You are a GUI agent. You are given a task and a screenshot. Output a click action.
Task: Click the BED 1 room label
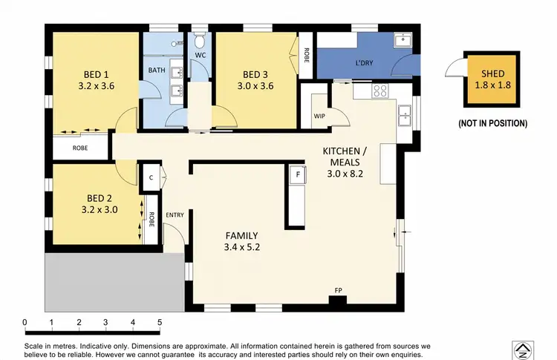click(94, 74)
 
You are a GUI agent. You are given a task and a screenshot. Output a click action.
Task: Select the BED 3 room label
click(255, 74)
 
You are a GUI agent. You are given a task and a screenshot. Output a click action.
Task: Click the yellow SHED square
click(492, 79)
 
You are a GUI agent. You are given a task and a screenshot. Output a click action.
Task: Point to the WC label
click(200, 56)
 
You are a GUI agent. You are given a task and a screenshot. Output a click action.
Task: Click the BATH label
click(157, 71)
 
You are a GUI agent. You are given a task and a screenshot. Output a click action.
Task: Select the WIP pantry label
click(319, 116)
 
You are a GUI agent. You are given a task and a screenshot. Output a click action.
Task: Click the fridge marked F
click(298, 174)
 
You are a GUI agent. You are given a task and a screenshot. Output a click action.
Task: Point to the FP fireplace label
click(339, 289)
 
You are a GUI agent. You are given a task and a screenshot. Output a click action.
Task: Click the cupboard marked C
click(151, 177)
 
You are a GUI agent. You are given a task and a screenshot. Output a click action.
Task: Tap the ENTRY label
click(175, 215)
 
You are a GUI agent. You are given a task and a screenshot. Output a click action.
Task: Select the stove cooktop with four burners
click(380, 91)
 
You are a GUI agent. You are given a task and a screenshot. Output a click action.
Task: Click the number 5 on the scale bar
click(160, 322)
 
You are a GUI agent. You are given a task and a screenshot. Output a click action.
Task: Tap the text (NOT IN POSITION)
click(492, 122)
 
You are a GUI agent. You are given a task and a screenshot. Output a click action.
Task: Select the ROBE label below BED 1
click(80, 148)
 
